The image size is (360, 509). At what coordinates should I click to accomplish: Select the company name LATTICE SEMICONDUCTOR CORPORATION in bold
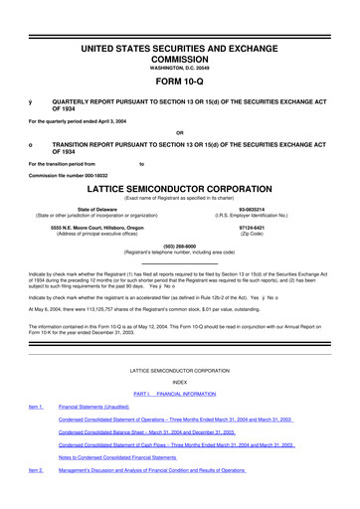179,186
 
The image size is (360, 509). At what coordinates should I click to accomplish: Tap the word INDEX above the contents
179,382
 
